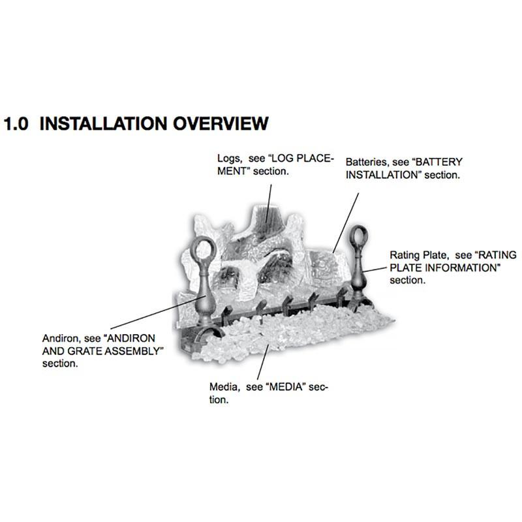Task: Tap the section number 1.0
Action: (x=16, y=124)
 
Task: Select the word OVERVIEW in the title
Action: (x=221, y=123)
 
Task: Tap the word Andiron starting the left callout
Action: (x=61, y=339)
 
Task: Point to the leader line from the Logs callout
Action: (x=268, y=204)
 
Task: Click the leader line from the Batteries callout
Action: (x=346, y=223)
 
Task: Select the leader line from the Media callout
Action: (x=263, y=362)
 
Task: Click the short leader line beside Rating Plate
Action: (x=375, y=269)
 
